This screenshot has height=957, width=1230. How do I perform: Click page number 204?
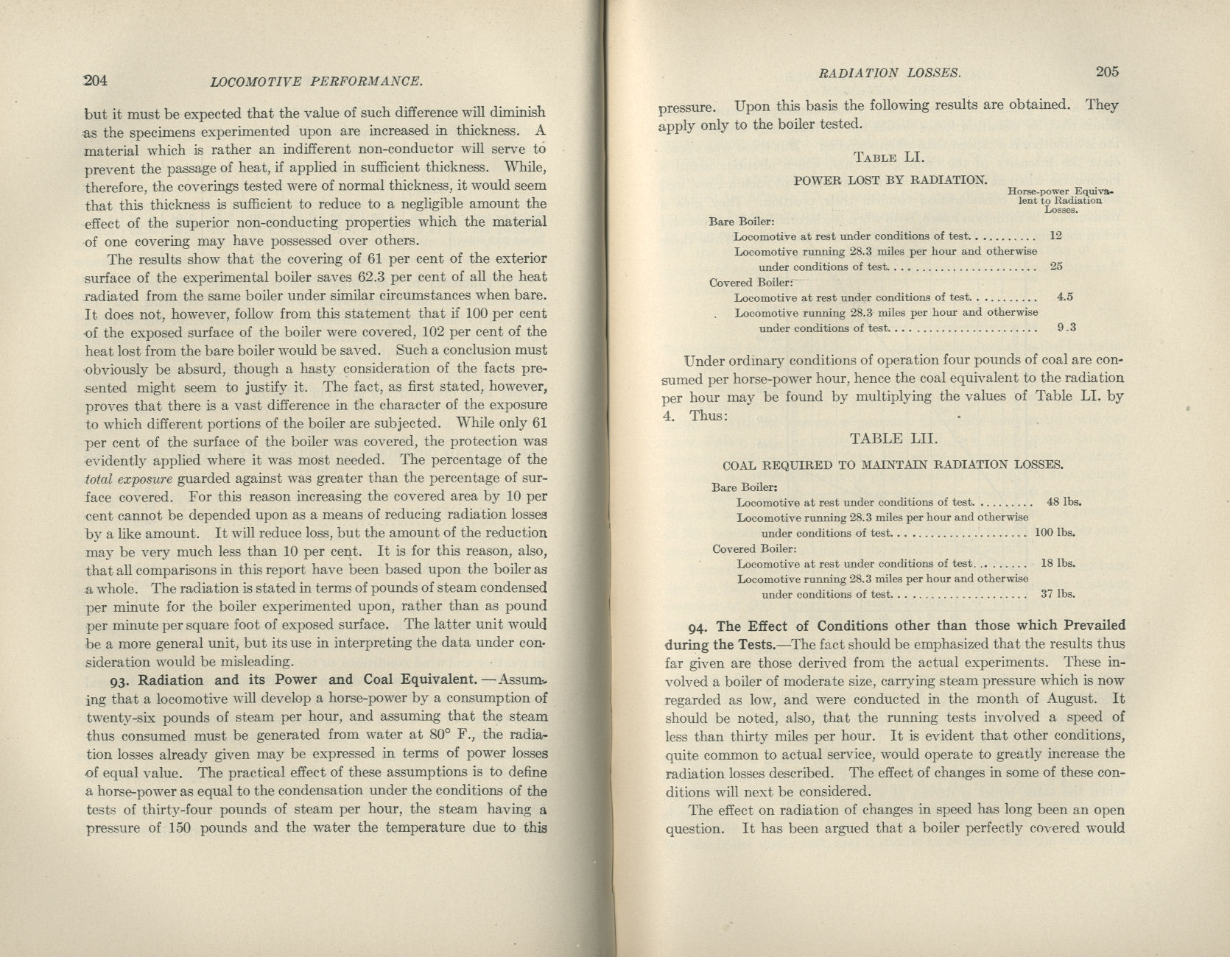point(96,80)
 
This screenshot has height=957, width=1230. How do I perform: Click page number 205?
point(1107,71)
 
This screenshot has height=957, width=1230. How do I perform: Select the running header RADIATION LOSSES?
point(890,73)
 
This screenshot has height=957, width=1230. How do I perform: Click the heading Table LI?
point(889,157)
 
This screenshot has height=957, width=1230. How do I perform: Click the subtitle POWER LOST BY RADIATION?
point(890,180)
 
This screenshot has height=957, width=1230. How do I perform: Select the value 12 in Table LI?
point(1055,236)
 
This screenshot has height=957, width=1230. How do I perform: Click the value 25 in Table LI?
point(1056,266)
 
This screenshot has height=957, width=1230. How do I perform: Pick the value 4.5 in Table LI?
point(1064,297)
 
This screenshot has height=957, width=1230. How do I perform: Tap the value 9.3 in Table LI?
point(1066,328)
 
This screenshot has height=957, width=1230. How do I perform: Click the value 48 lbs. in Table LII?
point(1064,502)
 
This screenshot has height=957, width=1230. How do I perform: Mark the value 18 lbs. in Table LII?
point(1058,563)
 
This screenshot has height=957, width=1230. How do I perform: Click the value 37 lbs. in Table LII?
point(1058,594)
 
